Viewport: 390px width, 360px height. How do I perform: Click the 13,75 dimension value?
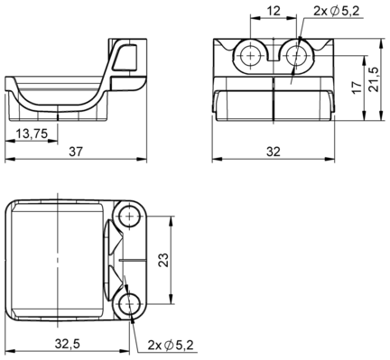coord(32,134)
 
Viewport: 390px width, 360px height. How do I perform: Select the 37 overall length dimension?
coord(75,152)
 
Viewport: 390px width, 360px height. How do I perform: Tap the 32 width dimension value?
coord(274,152)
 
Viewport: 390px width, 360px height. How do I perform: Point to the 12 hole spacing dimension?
coord(274,11)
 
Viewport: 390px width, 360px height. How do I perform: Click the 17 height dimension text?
coord(357,87)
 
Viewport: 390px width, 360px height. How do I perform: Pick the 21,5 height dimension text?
coord(374,79)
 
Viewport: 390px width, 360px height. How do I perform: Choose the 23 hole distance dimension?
coord(163,260)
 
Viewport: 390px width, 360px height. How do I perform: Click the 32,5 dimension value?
coord(68,343)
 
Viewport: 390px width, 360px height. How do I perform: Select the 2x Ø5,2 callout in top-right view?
coord(337,11)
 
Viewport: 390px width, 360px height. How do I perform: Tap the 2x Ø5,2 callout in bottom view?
coord(171,345)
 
